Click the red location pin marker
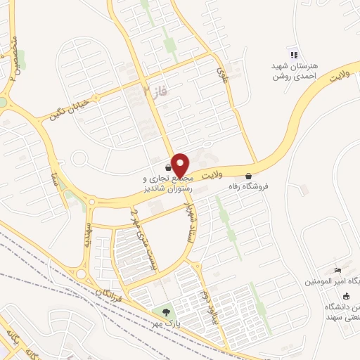179,165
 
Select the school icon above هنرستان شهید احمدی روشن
294,55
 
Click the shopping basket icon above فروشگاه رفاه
247,176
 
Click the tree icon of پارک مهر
166,311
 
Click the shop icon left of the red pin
167,167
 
